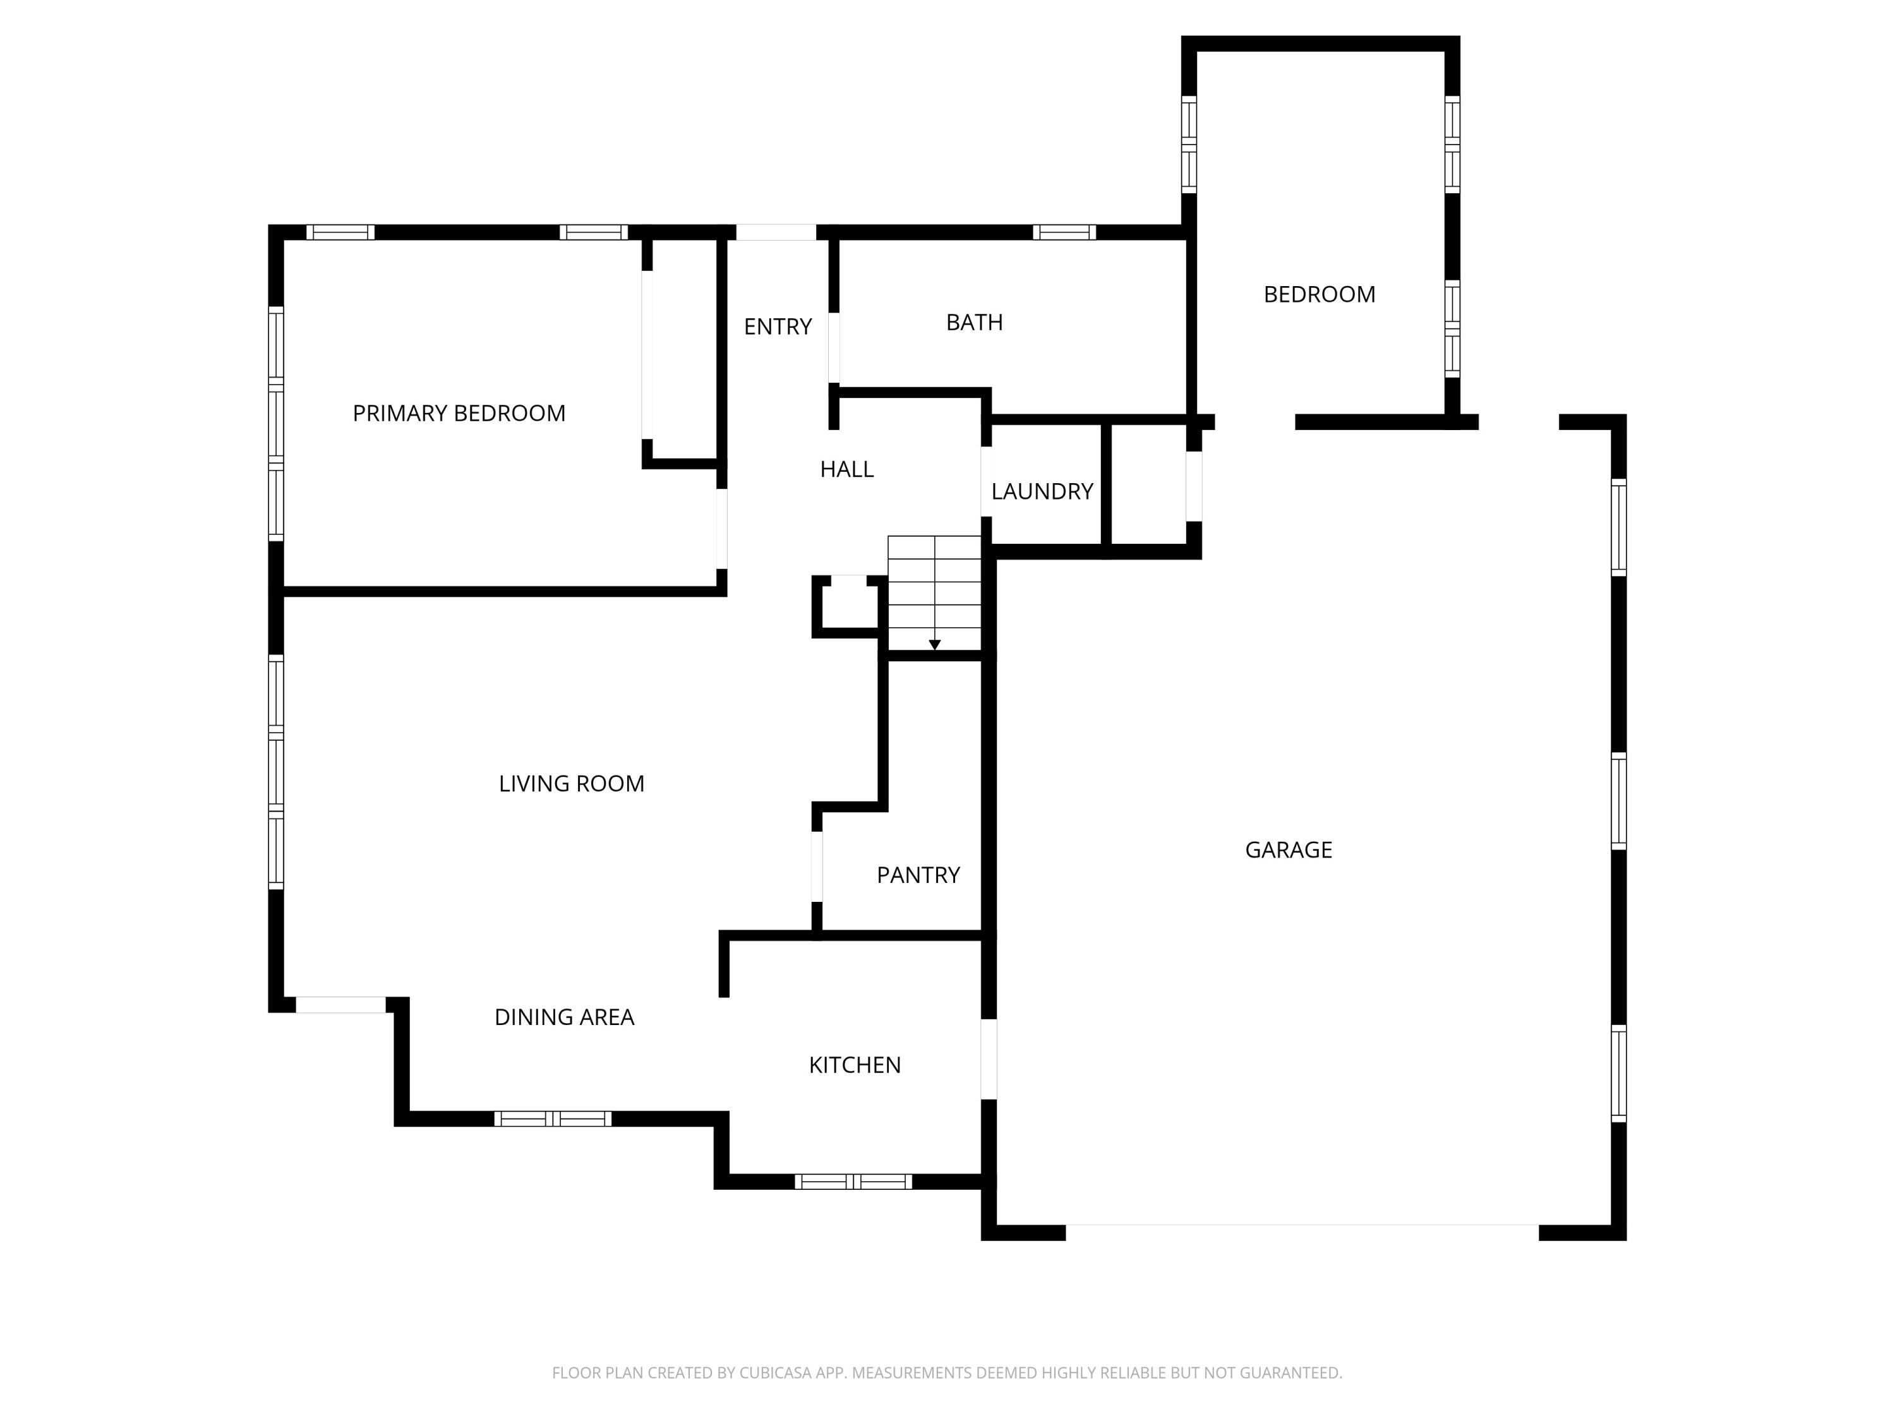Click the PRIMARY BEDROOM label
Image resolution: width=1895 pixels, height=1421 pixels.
pos(459,414)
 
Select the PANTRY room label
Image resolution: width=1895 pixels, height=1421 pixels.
pos(918,875)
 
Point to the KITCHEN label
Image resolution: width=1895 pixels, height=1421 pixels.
pos(854,1065)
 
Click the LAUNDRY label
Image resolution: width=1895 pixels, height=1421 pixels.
pos(1042,491)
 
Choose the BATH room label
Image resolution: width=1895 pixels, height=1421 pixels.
pos(974,322)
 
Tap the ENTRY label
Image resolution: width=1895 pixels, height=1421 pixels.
pos(777,327)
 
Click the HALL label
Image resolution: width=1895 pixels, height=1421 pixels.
pos(846,469)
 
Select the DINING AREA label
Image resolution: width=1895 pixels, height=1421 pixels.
pos(563,1017)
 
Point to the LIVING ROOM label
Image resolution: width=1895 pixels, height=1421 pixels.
pos(572,784)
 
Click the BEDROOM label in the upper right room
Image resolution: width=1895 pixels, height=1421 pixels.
pos(1320,295)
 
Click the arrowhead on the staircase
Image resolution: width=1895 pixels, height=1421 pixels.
pos(935,644)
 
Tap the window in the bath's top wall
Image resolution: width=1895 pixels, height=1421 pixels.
pos(1064,232)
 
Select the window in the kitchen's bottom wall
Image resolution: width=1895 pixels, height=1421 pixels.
pos(853,1182)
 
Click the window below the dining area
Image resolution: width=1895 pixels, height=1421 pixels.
pos(553,1118)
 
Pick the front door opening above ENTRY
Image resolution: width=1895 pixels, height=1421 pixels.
pos(776,232)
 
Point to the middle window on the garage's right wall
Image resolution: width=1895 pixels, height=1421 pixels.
pos(1618,801)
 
